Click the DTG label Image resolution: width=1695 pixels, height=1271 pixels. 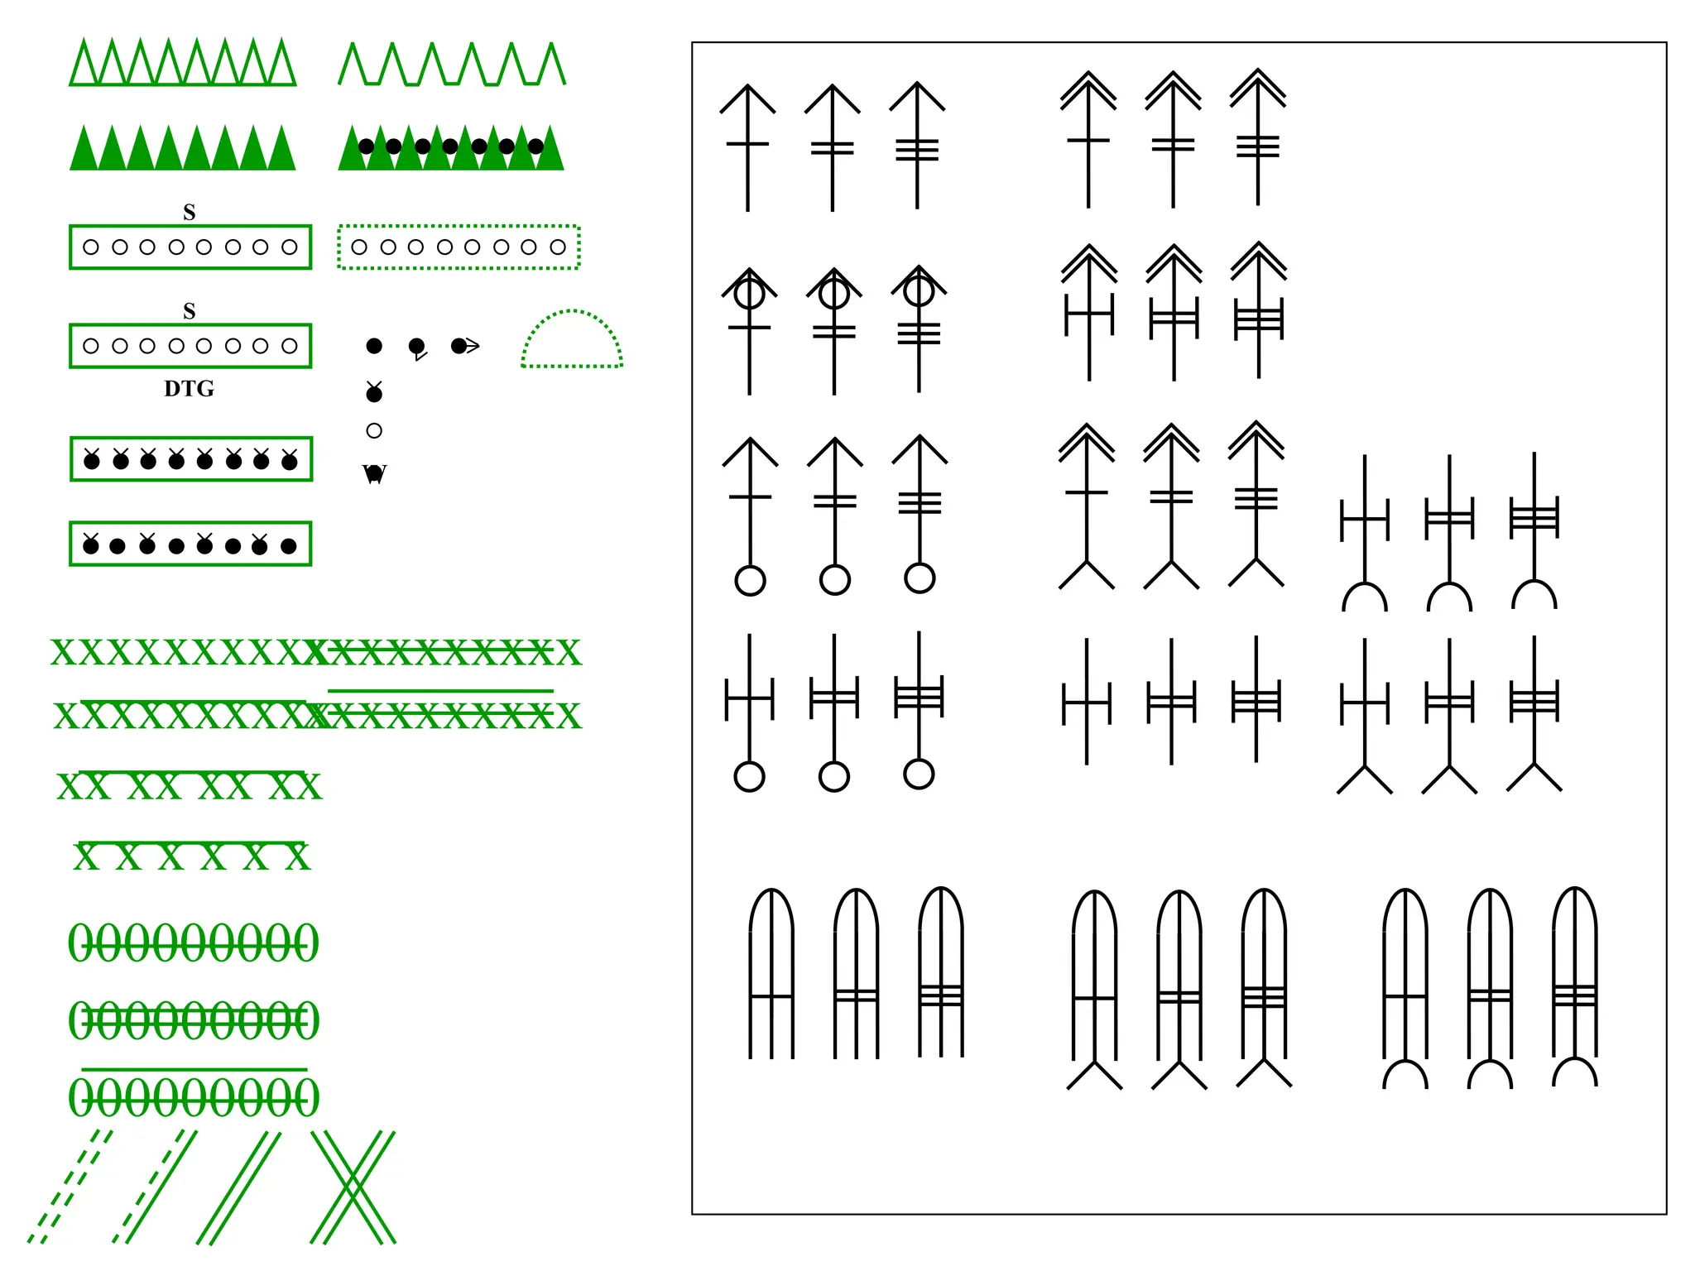click(189, 388)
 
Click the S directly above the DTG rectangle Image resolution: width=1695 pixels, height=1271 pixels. click(190, 311)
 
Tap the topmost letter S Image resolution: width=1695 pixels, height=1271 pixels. click(190, 213)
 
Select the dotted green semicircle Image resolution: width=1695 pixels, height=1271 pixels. click(572, 340)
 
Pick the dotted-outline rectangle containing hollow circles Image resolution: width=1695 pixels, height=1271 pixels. click(459, 247)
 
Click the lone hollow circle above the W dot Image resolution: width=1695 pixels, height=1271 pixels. click(374, 430)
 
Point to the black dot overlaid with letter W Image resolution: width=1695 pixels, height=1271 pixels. click(374, 473)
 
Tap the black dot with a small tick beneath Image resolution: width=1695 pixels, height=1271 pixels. click(417, 347)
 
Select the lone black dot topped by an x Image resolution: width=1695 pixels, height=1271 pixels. click(374, 393)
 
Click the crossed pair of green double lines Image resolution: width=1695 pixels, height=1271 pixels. click(353, 1187)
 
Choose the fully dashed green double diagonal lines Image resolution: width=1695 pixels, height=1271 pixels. click(70, 1187)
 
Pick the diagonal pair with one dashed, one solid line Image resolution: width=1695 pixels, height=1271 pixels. click(156, 1187)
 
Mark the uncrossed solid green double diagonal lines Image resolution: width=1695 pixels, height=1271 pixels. click(238, 1187)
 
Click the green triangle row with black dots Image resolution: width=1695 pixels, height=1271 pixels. click(451, 148)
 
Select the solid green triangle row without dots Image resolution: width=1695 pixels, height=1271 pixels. click(182, 148)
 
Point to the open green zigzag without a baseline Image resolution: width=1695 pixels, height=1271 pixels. click(452, 65)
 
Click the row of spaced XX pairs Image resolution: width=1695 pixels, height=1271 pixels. click(190, 786)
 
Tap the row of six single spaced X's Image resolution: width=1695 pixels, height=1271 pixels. click(192, 856)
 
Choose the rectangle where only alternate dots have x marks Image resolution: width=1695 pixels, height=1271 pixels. click(190, 544)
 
